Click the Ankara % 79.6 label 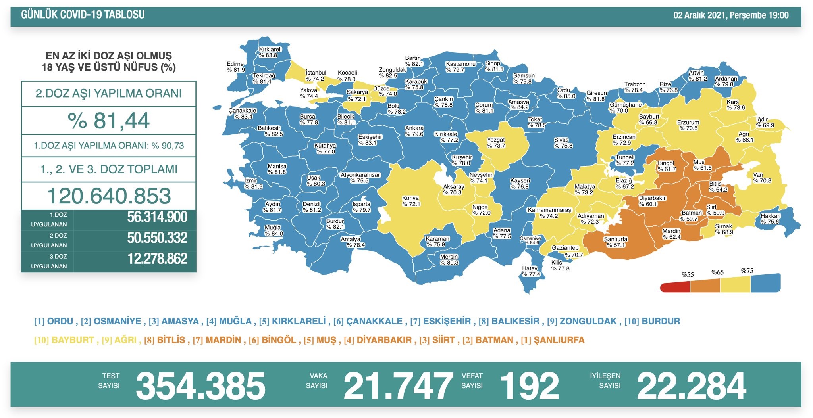coord(414,131)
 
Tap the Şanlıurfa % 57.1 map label coord(615,242)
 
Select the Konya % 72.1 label coord(410,201)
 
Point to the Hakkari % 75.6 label coord(770,219)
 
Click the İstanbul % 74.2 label coord(316,76)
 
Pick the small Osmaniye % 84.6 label coord(530,240)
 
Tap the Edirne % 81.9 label coord(236,67)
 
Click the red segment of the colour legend coord(675,286)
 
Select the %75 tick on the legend coord(747,271)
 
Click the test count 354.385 coord(200,386)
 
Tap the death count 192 coord(530,386)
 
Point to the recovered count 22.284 coord(691,386)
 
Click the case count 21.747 coord(398,386)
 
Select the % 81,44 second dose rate coord(108,121)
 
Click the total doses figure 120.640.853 coord(109,196)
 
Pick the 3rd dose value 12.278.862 coord(157,259)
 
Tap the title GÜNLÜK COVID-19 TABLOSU coord(83,15)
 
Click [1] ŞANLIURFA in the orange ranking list coord(553,340)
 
